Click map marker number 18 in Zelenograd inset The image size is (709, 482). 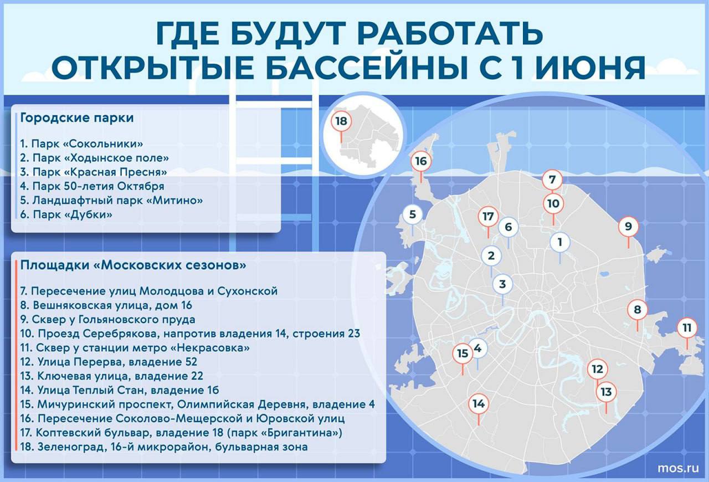pos(341,121)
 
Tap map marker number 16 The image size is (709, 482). pos(421,161)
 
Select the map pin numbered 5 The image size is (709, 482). pos(413,215)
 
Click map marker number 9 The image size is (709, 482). pos(628,227)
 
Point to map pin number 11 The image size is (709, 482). pos(687,328)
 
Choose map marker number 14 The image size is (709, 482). pos(479,404)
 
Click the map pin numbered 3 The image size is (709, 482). pos(502,284)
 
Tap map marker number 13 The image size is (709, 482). pos(606,392)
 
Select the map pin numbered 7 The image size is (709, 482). pos(552,180)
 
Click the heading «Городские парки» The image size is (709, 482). pos(77,118)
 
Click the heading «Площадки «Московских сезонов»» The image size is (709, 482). pos(133,265)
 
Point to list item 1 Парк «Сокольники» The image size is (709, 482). pos(81,144)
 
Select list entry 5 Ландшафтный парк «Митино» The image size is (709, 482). pos(111,201)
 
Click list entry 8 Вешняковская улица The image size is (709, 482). pos(106,305)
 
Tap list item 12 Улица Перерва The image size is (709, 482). pos(109,362)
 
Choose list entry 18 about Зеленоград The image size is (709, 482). pos(164,447)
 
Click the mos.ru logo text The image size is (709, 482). pos(678,468)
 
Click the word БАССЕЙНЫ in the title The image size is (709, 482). pos(367,67)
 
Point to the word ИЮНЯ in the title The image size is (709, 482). pos(590,67)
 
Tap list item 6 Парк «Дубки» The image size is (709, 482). pos(66,215)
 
